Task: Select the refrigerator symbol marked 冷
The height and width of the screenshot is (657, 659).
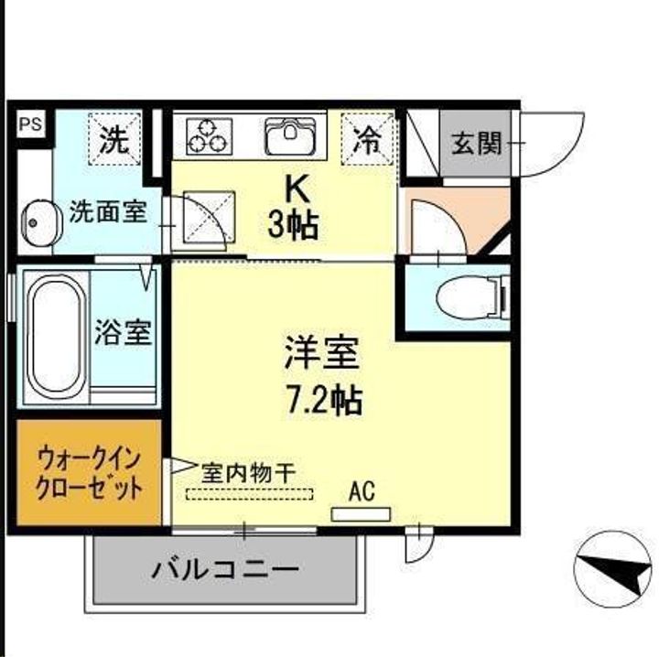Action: pyautogui.click(x=367, y=138)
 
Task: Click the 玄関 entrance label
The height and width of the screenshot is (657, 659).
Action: pyautogui.click(x=477, y=143)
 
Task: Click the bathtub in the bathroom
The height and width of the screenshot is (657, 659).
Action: pyautogui.click(x=53, y=332)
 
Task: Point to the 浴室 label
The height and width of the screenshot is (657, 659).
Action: pyautogui.click(x=123, y=332)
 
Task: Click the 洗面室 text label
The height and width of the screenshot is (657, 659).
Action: pyautogui.click(x=108, y=212)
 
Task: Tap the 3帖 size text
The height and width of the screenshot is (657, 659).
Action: pyautogui.click(x=294, y=225)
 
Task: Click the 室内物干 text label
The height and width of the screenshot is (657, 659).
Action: pyautogui.click(x=248, y=473)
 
